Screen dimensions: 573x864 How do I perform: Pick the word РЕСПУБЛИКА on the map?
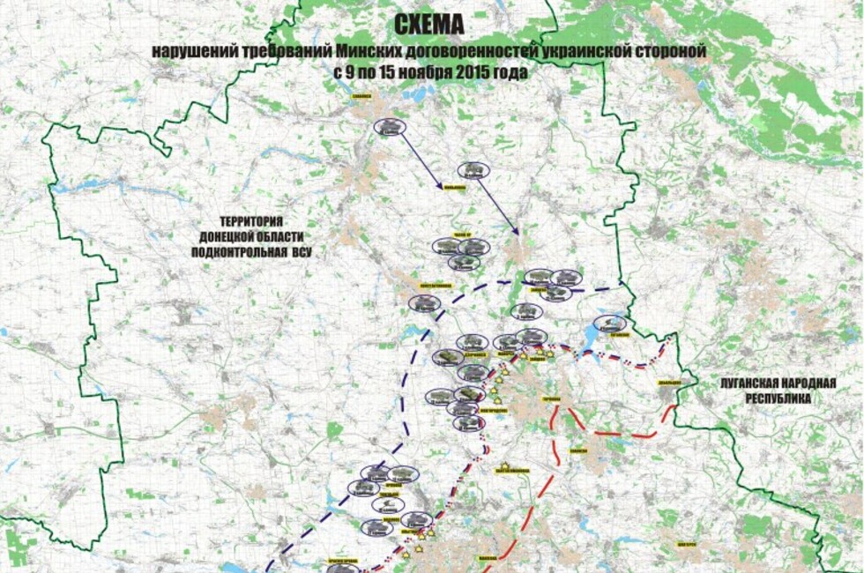pyautogui.click(x=778, y=398)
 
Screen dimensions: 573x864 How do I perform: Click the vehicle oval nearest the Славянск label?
pyautogui.click(x=390, y=127)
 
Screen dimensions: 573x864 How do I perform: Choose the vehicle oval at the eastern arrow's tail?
pyautogui.click(x=472, y=170)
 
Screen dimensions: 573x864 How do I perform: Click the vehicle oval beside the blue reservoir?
pyautogui.click(x=610, y=324)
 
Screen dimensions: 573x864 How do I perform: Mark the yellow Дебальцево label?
pyautogui.click(x=667, y=383)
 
